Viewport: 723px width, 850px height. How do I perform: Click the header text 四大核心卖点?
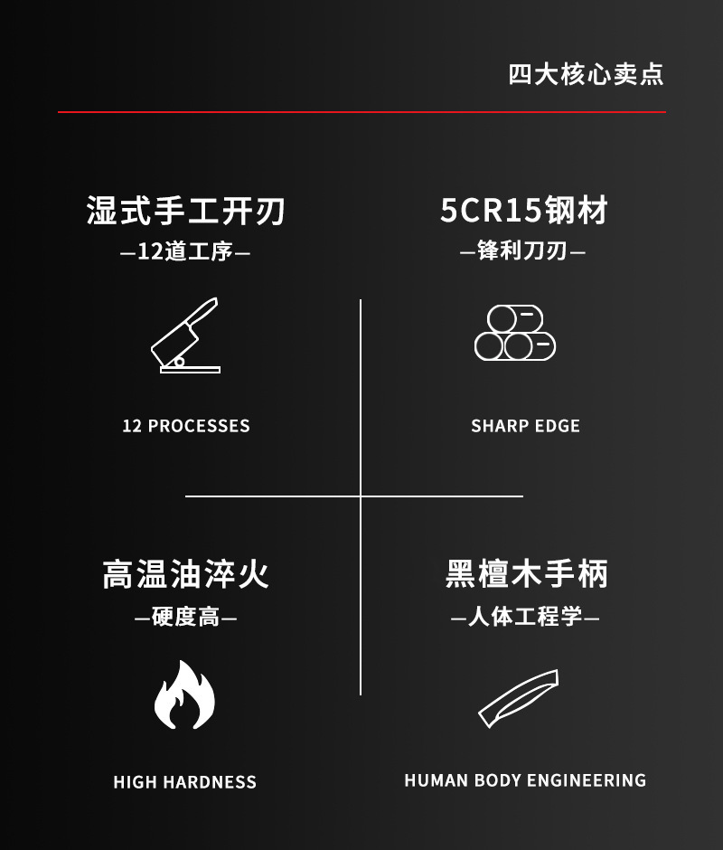pyautogui.click(x=586, y=74)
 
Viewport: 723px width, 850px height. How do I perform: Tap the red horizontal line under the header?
pyautogui.click(x=361, y=112)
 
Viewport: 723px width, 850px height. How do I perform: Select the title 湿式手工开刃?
pyautogui.click(x=186, y=211)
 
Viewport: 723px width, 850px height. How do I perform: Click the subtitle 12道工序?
pyautogui.click(x=185, y=251)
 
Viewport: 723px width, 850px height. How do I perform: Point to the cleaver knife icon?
pyautogui.click(x=185, y=335)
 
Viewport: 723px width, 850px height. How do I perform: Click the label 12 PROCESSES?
pyautogui.click(x=186, y=426)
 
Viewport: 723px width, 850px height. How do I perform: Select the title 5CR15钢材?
pyautogui.click(x=524, y=211)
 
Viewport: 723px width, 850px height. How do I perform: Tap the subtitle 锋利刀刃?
pyautogui.click(x=523, y=250)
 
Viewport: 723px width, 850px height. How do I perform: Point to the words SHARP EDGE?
pyautogui.click(x=525, y=426)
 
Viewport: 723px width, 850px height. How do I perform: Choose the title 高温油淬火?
pyautogui.click(x=186, y=574)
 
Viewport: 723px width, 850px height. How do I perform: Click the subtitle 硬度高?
pyautogui.click(x=185, y=618)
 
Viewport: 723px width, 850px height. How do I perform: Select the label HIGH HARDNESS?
pyautogui.click(x=185, y=782)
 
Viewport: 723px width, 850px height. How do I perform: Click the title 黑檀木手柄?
pyautogui.click(x=527, y=574)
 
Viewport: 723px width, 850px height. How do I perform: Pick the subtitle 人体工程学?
pyautogui.click(x=525, y=618)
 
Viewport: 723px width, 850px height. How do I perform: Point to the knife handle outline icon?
pyautogui.click(x=519, y=698)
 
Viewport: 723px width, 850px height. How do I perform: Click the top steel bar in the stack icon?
pyautogui.click(x=515, y=318)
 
